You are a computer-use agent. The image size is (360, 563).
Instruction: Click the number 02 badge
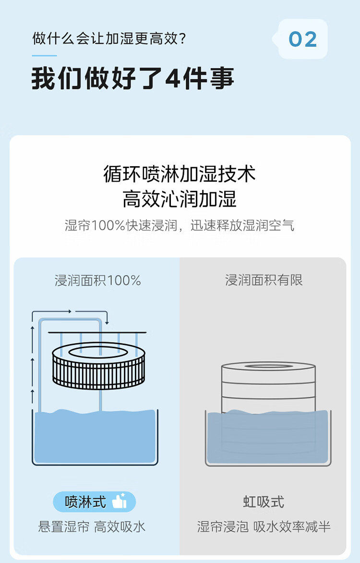[x=303, y=39]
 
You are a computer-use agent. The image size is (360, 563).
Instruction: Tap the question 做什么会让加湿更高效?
[x=109, y=38]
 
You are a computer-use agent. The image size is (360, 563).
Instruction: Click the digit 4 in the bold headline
[x=173, y=78]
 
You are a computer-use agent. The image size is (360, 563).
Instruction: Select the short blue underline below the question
[x=45, y=56]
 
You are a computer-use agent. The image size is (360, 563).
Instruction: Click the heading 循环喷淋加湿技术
[x=180, y=174]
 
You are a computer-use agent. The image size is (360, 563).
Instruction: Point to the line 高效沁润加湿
[x=180, y=198]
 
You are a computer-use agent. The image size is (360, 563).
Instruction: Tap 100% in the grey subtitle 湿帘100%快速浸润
[x=108, y=225]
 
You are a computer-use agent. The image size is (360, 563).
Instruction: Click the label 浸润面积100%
[x=97, y=281]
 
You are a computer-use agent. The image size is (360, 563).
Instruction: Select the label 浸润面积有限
[x=264, y=280]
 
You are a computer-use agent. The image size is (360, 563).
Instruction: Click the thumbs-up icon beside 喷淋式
[x=120, y=501]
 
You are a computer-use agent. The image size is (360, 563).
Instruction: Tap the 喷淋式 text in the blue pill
[x=85, y=502]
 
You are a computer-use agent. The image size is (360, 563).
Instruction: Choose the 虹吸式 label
[x=264, y=502]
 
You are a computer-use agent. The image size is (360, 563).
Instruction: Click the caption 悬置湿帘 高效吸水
[x=92, y=527]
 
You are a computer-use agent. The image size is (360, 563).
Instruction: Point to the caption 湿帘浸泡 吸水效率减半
[x=264, y=527]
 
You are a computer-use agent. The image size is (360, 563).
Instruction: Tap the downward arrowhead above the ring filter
[x=107, y=322]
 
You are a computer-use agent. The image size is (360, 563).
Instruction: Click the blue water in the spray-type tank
[x=95, y=436]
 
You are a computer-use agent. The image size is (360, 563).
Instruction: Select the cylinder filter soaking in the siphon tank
[x=268, y=406]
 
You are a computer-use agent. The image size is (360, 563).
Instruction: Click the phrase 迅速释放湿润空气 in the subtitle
[x=242, y=225]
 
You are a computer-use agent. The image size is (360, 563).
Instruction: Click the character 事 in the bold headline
[x=222, y=78]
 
